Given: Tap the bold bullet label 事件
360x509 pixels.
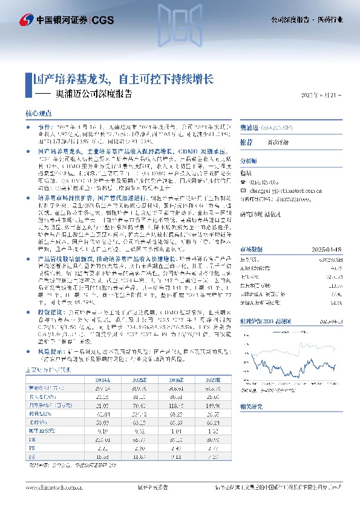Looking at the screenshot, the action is coord(45,129).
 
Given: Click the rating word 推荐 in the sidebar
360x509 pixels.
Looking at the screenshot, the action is coord(246,141).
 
